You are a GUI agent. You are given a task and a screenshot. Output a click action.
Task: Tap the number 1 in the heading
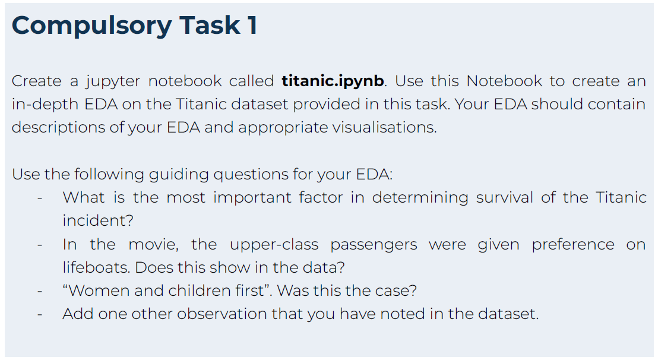(252, 25)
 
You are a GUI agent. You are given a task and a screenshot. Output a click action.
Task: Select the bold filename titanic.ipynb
(333, 81)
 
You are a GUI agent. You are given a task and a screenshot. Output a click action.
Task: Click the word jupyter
(113, 81)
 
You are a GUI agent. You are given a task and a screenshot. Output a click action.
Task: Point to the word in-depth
(45, 105)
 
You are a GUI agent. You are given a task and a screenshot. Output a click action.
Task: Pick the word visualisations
(384, 127)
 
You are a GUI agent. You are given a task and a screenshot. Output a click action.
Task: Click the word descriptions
(58, 128)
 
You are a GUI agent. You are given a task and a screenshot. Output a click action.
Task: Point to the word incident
(98, 220)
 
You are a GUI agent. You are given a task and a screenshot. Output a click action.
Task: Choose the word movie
(153, 245)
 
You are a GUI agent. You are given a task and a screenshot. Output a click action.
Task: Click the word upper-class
(274, 245)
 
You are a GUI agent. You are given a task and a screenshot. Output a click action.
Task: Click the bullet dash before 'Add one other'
(40, 314)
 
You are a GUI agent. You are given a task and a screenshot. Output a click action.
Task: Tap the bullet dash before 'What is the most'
(40, 198)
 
